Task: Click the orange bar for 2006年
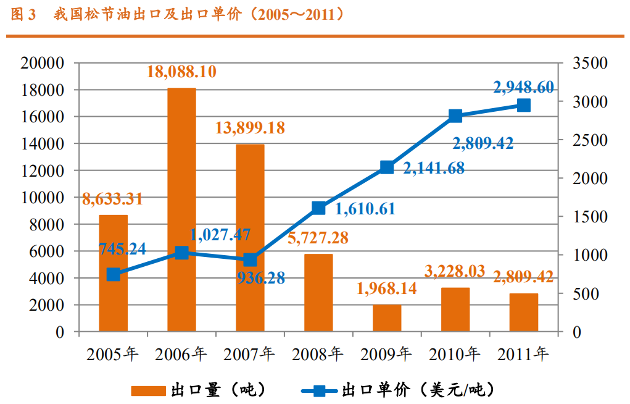click(x=181, y=210)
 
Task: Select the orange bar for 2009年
click(x=387, y=318)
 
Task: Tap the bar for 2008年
click(x=318, y=293)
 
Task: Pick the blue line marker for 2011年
click(x=524, y=105)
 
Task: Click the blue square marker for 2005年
click(x=113, y=275)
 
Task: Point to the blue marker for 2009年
click(x=387, y=167)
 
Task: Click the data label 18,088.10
click(x=181, y=72)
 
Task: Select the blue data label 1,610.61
click(x=365, y=209)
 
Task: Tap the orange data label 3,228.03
click(x=455, y=271)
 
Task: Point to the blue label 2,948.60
click(x=523, y=87)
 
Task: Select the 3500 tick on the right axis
click(x=590, y=63)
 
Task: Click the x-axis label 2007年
click(x=249, y=355)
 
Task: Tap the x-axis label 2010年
click(x=454, y=355)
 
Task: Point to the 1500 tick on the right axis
click(x=590, y=217)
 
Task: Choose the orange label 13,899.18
click(x=250, y=128)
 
